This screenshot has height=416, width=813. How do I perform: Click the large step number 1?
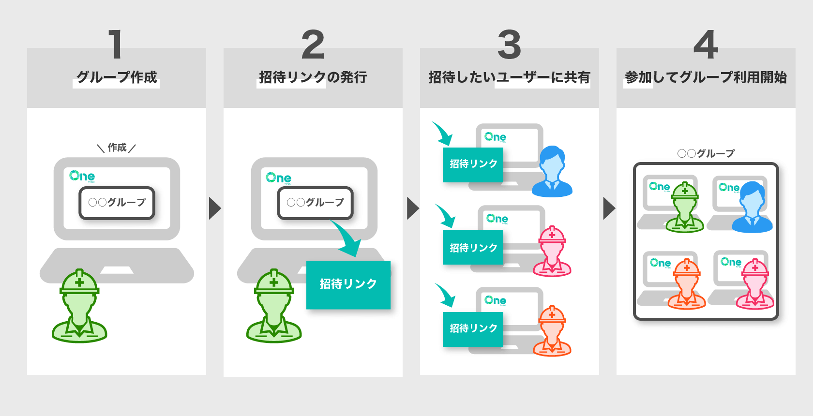pos(115,45)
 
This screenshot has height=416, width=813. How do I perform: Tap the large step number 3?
pos(509,45)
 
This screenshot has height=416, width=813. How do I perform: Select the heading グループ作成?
pos(117,77)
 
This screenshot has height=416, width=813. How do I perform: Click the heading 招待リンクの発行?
pos(313,77)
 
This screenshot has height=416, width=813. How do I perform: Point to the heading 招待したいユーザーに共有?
pos(509,77)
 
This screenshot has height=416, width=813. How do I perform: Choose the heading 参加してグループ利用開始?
pos(706,77)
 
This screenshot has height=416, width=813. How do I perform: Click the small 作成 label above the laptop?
pos(117,148)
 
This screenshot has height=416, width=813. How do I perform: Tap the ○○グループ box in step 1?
pos(117,203)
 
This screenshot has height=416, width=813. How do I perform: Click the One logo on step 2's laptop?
pos(278,178)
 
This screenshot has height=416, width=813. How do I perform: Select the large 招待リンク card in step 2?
pos(348,284)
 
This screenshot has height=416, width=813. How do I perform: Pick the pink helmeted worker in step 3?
pos(552,252)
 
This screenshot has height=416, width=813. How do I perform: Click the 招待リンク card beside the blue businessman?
pos(473,164)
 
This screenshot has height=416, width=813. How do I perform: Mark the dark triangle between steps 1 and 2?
pos(214,208)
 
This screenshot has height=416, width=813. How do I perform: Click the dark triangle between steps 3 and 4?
pos(609,208)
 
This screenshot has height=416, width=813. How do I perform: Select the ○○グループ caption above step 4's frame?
pos(706,154)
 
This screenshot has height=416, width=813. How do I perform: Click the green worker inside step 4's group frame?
pos(685,208)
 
